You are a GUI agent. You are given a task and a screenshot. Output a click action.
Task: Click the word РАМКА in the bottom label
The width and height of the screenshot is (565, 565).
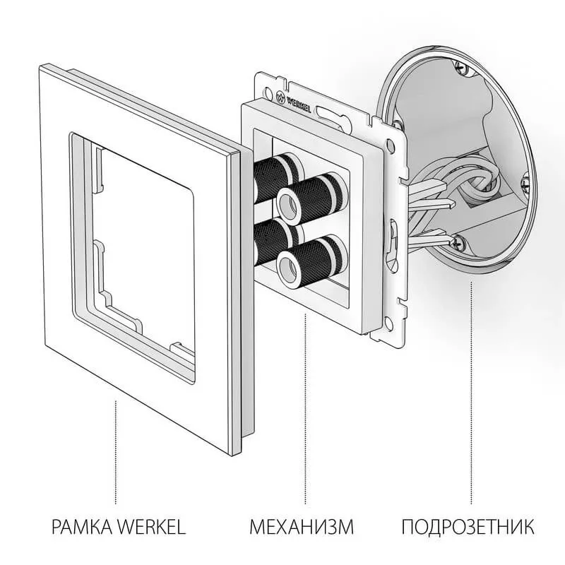click(76, 527)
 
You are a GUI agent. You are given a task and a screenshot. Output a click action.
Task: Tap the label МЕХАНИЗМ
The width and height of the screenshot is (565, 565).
click(301, 527)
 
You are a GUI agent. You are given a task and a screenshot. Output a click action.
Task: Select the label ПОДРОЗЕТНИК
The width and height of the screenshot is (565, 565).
click(468, 527)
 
